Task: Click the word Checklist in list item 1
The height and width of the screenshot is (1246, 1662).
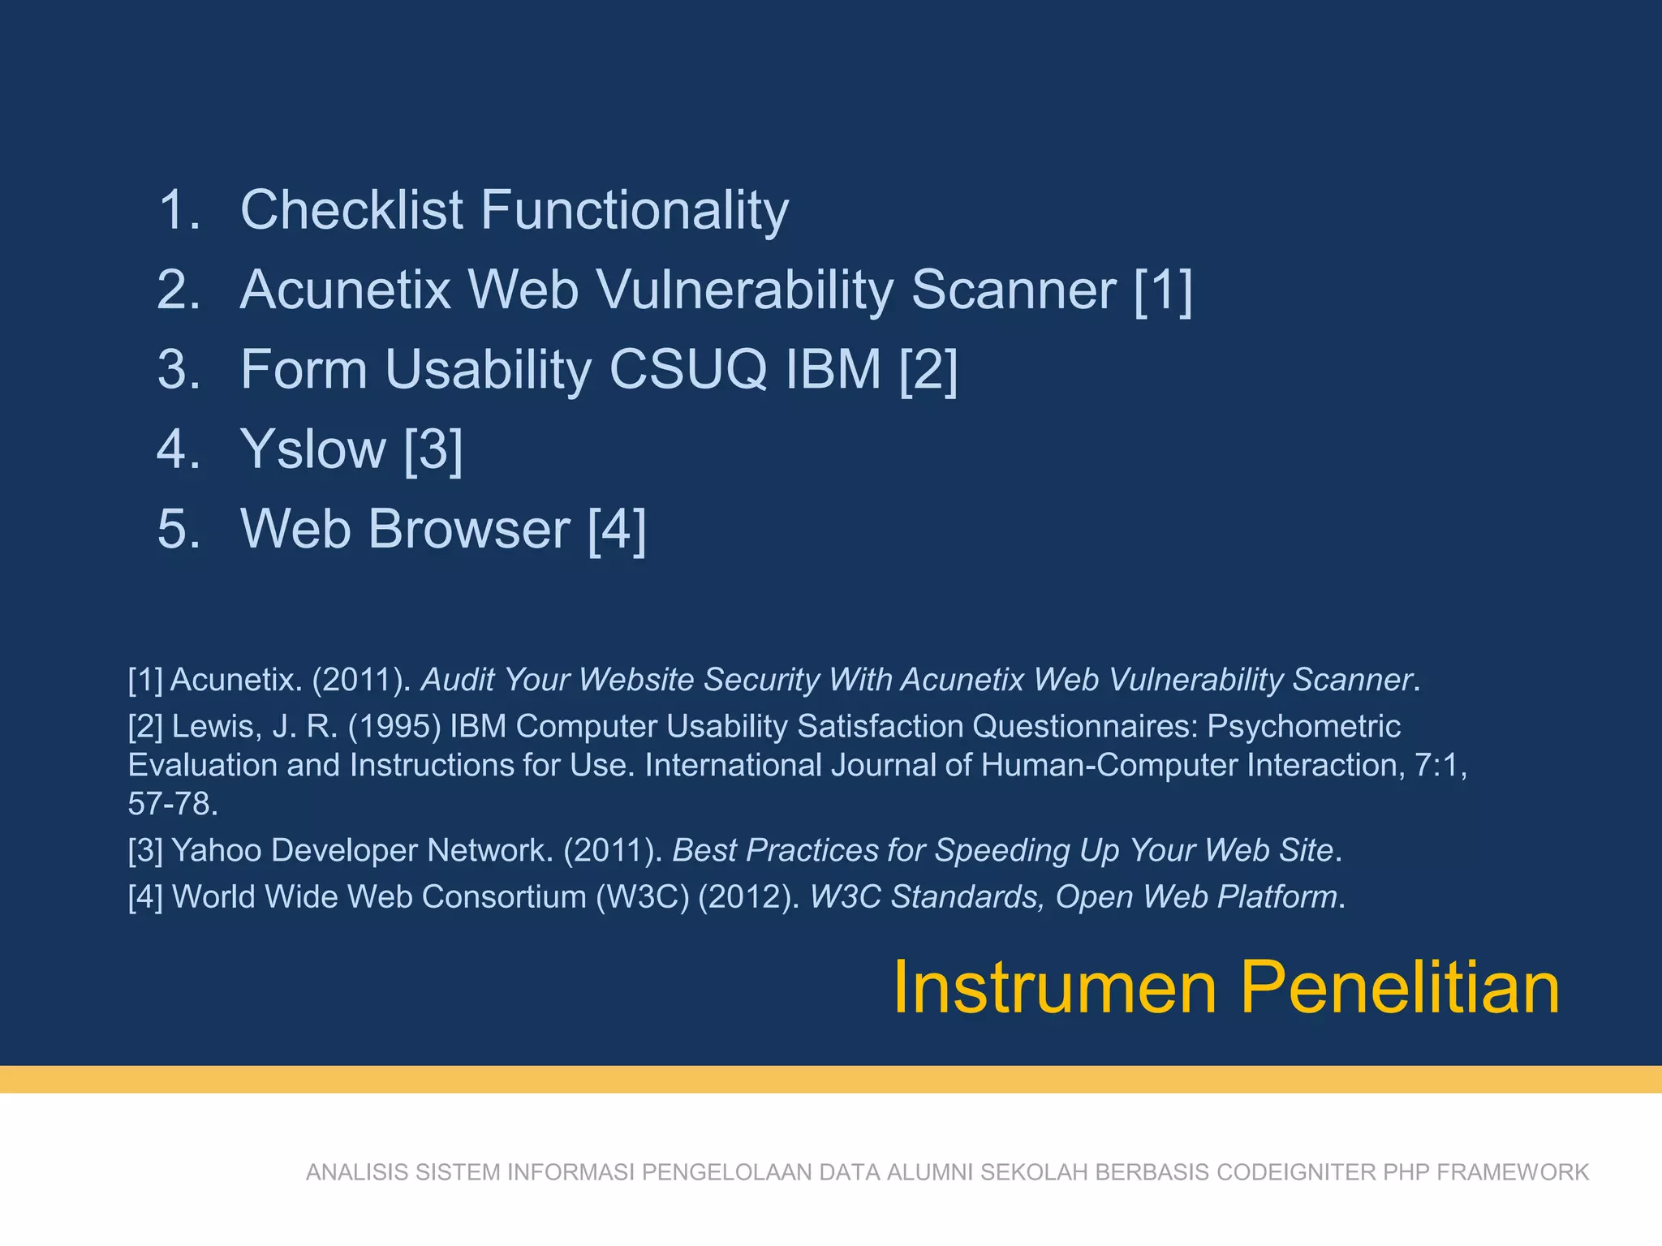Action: click(x=351, y=210)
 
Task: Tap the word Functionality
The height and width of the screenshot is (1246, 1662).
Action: click(x=635, y=210)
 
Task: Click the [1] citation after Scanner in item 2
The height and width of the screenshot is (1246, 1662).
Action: click(x=1163, y=290)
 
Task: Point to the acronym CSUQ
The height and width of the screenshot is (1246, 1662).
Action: click(x=687, y=369)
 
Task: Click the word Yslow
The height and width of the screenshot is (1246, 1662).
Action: click(x=313, y=449)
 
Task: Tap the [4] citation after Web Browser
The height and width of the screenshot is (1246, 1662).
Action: click(x=617, y=529)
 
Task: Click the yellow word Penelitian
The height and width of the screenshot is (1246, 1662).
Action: click(x=1400, y=987)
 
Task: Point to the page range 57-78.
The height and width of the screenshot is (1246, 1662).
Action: click(x=172, y=804)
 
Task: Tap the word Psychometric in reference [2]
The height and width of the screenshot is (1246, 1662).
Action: click(x=1303, y=726)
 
